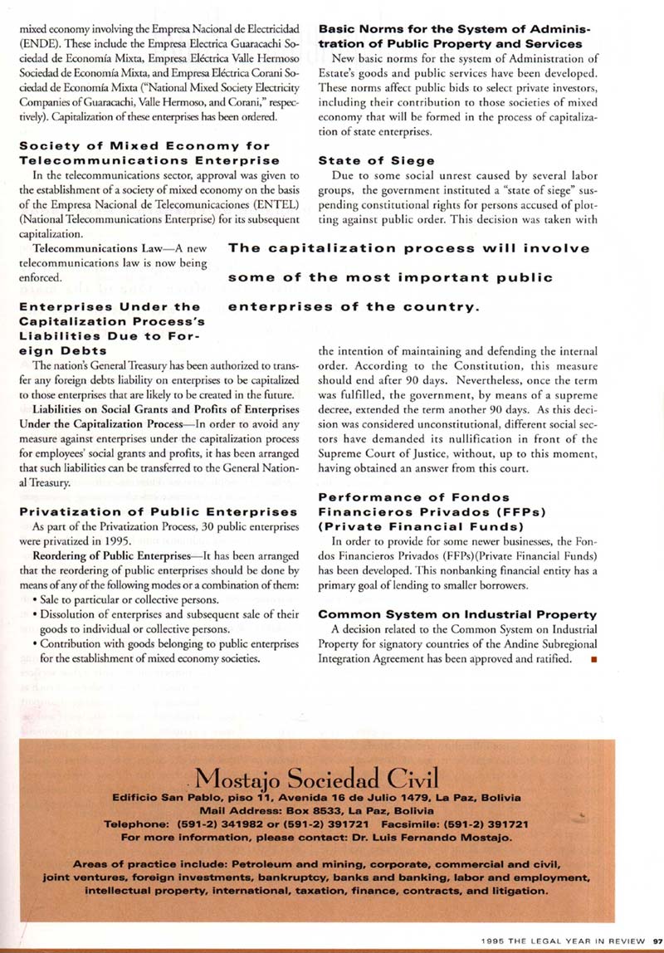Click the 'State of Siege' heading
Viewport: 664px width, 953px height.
[x=365, y=161]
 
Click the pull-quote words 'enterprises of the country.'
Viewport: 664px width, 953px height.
[x=354, y=307]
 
